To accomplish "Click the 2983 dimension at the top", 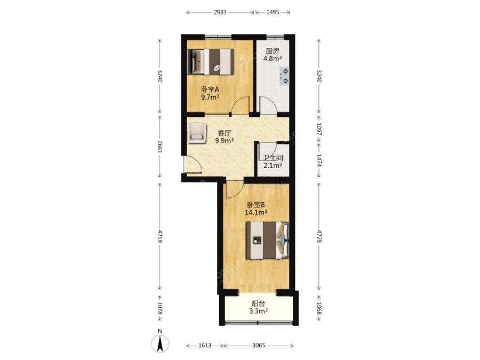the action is pyautogui.click(x=220, y=12).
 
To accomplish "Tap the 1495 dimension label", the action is pyautogui.click(x=273, y=12).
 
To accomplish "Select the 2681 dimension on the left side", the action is pyautogui.click(x=159, y=147).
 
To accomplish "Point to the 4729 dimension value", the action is pyautogui.click(x=319, y=236).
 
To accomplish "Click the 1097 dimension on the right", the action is pyautogui.click(x=319, y=129).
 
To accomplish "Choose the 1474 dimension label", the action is pyautogui.click(x=319, y=161).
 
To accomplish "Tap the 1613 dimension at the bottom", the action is pyautogui.click(x=205, y=346).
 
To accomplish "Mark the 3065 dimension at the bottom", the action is pyautogui.click(x=259, y=346).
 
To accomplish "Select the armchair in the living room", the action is pyautogui.click(x=197, y=133).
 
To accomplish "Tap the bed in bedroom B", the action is pyautogui.click(x=268, y=241).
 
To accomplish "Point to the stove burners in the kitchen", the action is pyautogui.click(x=284, y=76).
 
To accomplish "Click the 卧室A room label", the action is pyautogui.click(x=210, y=90).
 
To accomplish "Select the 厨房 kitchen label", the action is pyautogui.click(x=273, y=51).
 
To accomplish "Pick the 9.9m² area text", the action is pyautogui.click(x=225, y=141).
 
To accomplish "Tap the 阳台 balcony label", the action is pyautogui.click(x=258, y=303).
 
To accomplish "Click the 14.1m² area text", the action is pyautogui.click(x=256, y=212).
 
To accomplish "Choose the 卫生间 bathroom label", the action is pyautogui.click(x=273, y=158).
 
